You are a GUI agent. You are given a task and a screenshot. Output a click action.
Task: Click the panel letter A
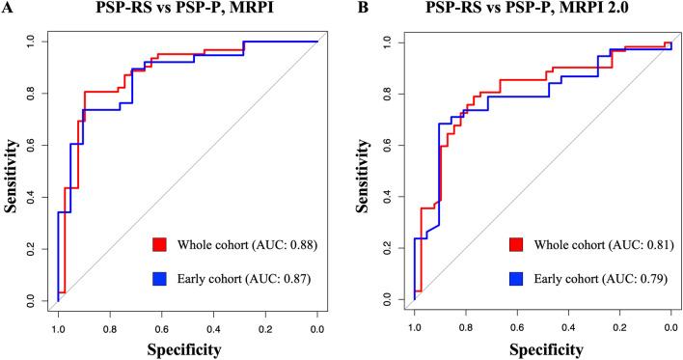[7, 10]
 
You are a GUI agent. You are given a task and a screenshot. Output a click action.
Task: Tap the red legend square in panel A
[160, 243]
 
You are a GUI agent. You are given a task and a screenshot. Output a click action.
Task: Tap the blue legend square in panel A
[160, 279]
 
